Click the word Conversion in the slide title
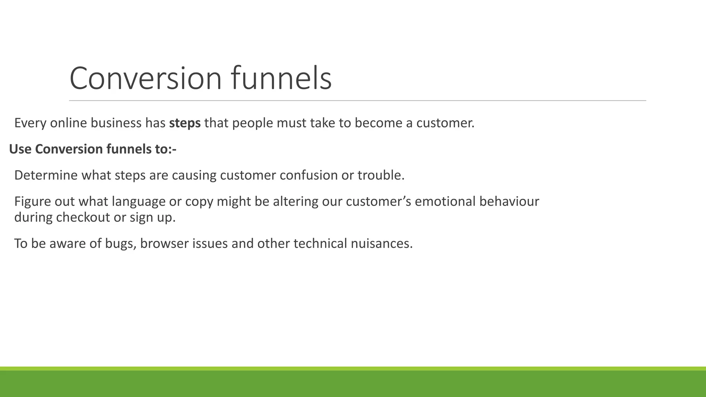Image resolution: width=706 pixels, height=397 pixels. [145, 79]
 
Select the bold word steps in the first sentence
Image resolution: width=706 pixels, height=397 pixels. [185, 123]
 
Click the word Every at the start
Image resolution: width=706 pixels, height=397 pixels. [30, 123]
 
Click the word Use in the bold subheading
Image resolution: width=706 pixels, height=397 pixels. [20, 149]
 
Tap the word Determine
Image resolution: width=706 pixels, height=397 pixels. [46, 175]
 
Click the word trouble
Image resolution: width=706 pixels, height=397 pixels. [381, 175]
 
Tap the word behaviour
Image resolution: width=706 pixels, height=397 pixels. [509, 202]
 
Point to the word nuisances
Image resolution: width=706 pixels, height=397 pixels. [382, 244]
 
